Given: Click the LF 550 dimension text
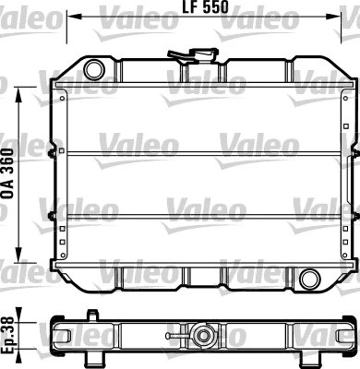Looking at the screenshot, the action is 206,6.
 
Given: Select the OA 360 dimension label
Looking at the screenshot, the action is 8,174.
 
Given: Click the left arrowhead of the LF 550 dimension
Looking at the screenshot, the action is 75,16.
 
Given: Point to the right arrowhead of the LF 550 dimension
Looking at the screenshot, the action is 333,16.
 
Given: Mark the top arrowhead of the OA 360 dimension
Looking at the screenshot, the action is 19,95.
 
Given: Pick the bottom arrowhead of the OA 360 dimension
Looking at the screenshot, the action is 19,255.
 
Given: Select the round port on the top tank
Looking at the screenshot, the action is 94,70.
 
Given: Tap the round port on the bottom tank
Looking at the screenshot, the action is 310,279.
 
